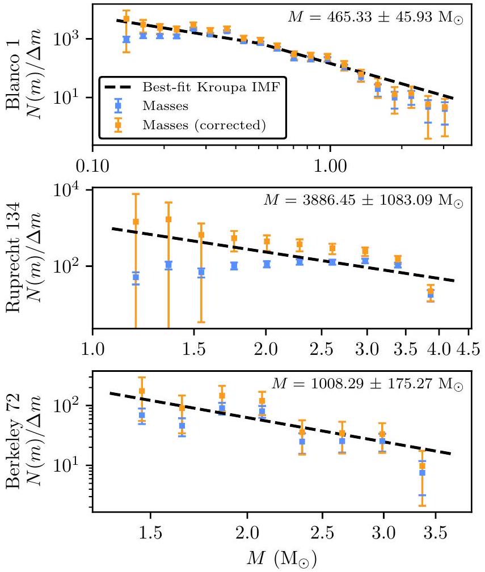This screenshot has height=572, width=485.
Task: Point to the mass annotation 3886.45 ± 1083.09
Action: click(x=363, y=200)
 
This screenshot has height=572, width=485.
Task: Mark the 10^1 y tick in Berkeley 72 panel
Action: click(x=72, y=465)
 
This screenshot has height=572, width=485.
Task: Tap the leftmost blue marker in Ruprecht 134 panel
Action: click(x=136, y=277)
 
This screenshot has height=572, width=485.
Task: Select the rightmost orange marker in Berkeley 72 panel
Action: click(x=422, y=466)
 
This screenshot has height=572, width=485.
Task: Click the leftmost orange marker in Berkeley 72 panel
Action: click(x=142, y=391)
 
